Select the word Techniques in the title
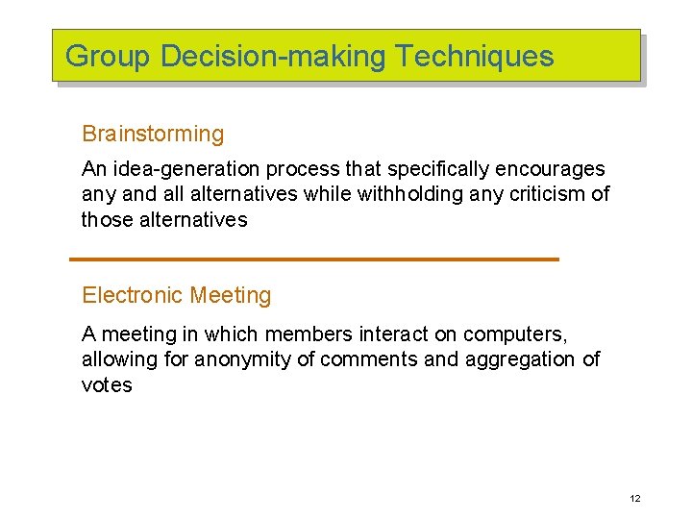[475, 56]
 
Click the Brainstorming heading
[153, 134]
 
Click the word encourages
[550, 169]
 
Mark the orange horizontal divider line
[314, 259]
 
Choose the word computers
[515, 334]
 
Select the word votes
[107, 384]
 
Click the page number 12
[634, 498]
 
